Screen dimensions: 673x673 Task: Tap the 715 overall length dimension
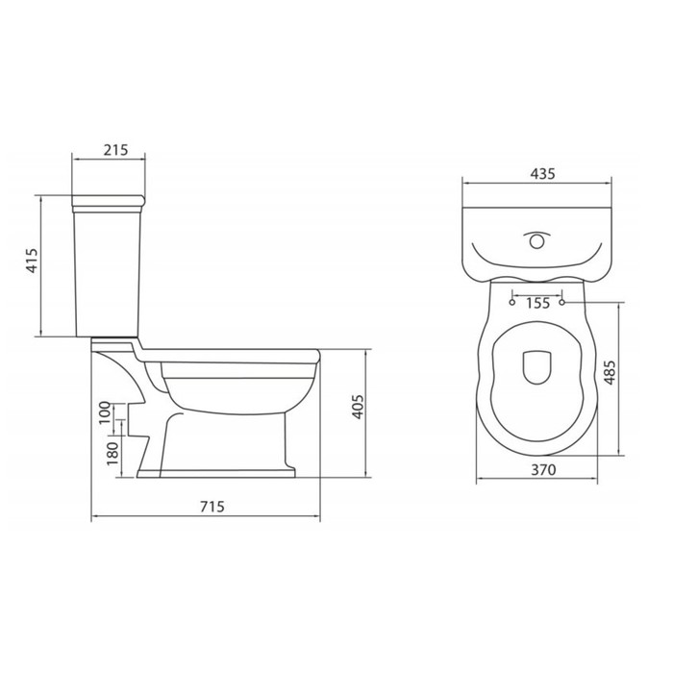pos(205,508)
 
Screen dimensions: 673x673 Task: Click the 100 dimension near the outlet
pos(104,413)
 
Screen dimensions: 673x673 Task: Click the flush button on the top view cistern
pos(536,237)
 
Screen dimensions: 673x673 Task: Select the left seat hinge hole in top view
pos(512,302)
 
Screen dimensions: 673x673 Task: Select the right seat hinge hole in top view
pos(562,302)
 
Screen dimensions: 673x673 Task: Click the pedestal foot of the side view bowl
pos(226,471)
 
